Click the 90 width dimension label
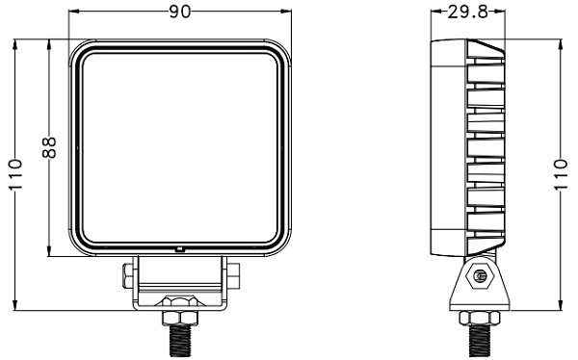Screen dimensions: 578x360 [180, 12]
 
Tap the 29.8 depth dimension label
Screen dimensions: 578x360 [468, 12]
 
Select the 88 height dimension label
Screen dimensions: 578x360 [49, 147]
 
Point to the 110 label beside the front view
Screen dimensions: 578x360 [15, 174]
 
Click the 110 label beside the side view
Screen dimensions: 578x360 [561, 174]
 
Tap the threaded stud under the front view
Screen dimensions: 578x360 [180, 341]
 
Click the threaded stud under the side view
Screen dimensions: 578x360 [480, 341]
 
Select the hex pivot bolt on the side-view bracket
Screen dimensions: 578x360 [479, 275]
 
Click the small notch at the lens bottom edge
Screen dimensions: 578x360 [179, 249]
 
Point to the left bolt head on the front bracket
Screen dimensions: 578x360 [128, 275]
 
